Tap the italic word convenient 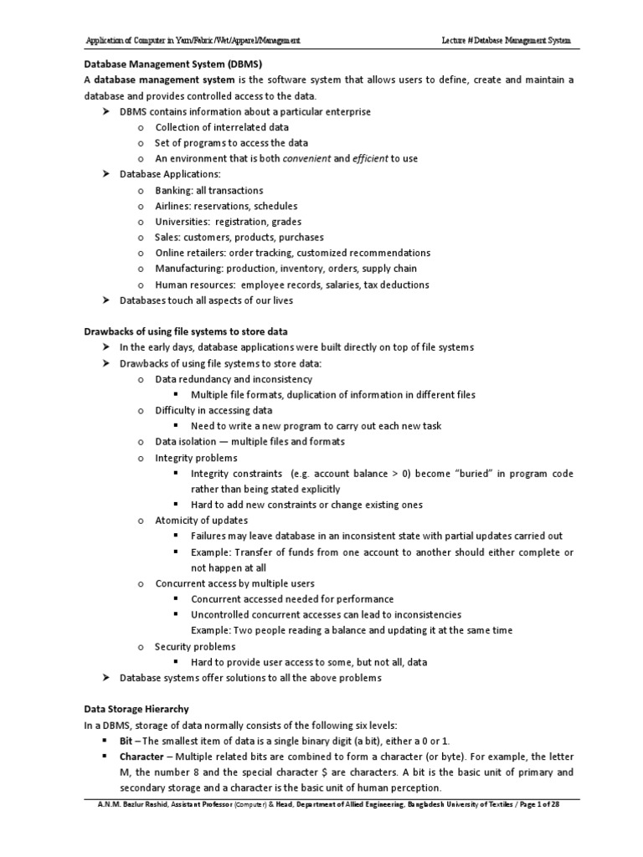[x=307, y=158]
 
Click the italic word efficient [x=371, y=158]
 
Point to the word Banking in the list [x=173, y=191]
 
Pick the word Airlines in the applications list [x=172, y=206]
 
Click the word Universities [x=180, y=222]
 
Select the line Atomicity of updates [x=201, y=521]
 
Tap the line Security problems [x=195, y=646]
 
